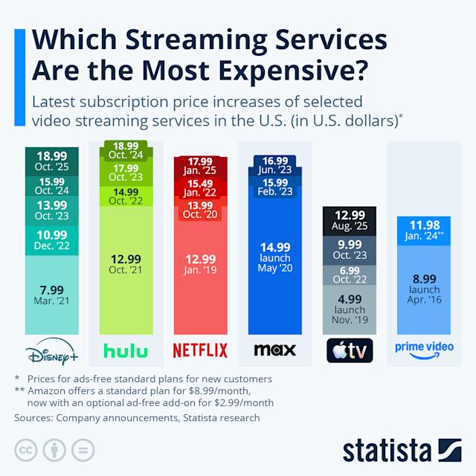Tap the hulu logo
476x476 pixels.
124,350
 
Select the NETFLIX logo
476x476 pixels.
200,350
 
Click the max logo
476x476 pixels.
274,350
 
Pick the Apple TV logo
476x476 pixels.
348,350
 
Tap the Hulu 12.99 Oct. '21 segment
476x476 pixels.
124,263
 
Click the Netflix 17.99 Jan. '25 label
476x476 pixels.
200,166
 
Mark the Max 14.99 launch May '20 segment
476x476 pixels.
274,257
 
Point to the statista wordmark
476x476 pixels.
387,451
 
